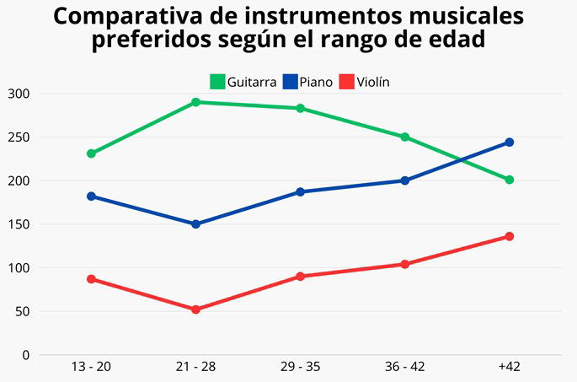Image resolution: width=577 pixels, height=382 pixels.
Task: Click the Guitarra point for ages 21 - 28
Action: pyautogui.click(x=195, y=102)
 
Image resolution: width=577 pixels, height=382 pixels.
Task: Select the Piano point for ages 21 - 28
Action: pyautogui.click(x=195, y=224)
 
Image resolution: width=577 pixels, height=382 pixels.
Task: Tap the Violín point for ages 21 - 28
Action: pyautogui.click(x=195, y=309)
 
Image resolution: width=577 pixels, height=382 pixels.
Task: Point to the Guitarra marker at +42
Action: pyautogui.click(x=510, y=180)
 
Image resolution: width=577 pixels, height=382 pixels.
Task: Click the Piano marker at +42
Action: pyautogui.click(x=510, y=143)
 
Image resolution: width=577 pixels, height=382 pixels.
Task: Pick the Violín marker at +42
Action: pyautogui.click(x=510, y=236)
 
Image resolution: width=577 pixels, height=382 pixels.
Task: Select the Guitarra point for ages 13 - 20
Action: pyautogui.click(x=91, y=153)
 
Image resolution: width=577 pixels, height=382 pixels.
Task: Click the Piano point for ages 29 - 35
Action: pyautogui.click(x=301, y=191)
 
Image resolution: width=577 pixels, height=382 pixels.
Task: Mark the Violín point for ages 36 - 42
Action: pyautogui.click(x=405, y=264)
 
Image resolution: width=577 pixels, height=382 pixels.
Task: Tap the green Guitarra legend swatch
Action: pyautogui.click(x=217, y=82)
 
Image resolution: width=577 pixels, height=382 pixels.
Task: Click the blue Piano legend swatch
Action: pyautogui.click(x=290, y=82)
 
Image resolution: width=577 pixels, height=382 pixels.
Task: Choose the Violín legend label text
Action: pyautogui.click(x=373, y=82)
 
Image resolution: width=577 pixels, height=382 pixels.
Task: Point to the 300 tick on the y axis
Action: pyautogui.click(x=18, y=94)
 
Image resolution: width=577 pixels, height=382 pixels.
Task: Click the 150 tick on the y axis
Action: pyautogui.click(x=18, y=224)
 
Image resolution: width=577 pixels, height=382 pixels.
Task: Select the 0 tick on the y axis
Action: pyautogui.click(x=25, y=355)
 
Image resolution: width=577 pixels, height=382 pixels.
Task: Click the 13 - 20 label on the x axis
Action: pyautogui.click(x=91, y=369)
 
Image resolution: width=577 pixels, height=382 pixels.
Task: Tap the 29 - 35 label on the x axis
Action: pyautogui.click(x=301, y=369)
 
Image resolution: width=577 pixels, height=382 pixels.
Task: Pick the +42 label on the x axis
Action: pyautogui.click(x=510, y=369)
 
